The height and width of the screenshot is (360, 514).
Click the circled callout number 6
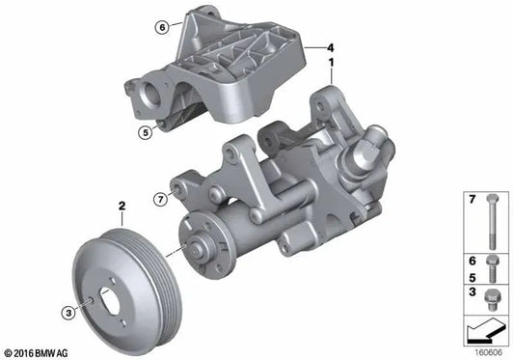pos(163,27)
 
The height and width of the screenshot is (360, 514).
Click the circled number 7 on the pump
pos(161,200)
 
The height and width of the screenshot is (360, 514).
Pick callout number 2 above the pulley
pos(122,206)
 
